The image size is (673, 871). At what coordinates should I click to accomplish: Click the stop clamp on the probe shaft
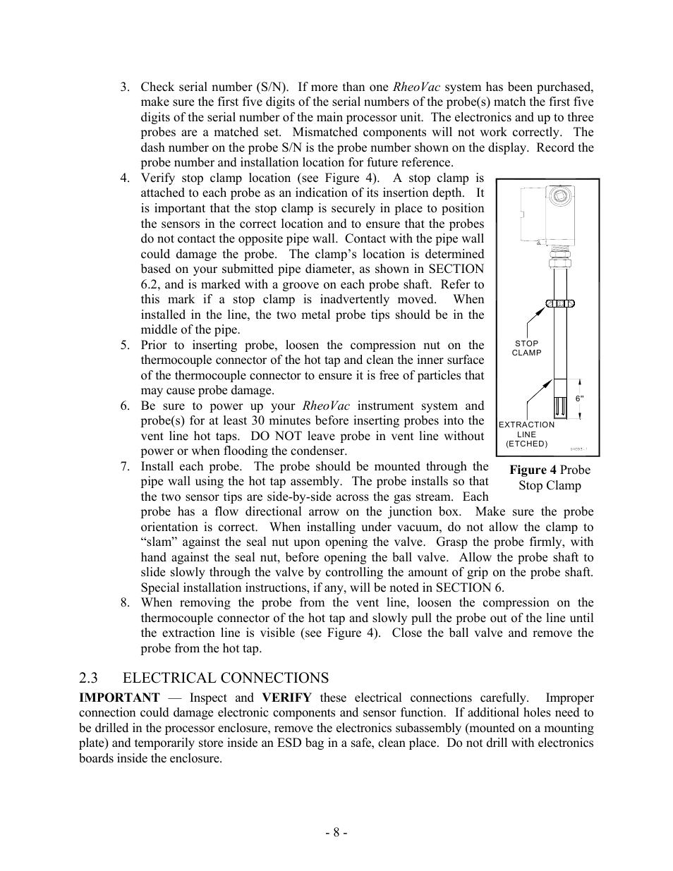coord(561,304)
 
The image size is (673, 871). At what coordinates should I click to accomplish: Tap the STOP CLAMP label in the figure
coord(526,348)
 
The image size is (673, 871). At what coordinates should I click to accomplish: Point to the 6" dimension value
coord(580,398)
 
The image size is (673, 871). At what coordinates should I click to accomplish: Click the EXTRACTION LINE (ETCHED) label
coord(526,434)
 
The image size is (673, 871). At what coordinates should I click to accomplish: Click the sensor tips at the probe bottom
coord(561,408)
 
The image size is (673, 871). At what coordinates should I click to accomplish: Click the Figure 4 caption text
coord(550,477)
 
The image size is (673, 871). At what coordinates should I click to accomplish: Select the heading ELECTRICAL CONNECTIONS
coord(225,678)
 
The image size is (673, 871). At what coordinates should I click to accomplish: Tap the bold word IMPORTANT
coord(119,698)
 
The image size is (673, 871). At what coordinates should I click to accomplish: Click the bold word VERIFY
coord(286,698)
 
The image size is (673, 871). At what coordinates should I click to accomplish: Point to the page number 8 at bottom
coord(336,832)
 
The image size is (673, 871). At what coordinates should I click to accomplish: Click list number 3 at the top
coord(124,87)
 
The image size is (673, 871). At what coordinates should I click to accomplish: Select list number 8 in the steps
coord(124,603)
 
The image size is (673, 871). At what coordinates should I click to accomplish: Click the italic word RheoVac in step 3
coord(416,87)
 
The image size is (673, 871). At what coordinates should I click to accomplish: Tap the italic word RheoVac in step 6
coord(326,406)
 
